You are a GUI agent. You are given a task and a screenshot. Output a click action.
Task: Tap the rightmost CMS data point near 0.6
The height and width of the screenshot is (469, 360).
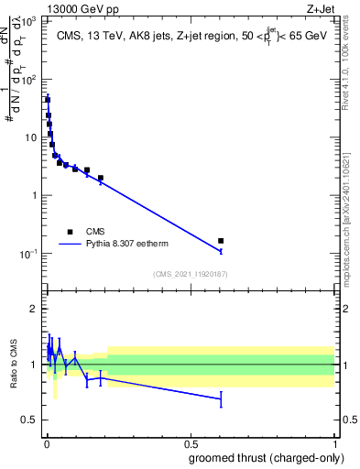(221, 241)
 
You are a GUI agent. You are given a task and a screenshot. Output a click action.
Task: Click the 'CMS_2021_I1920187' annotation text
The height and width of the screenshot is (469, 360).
(190, 274)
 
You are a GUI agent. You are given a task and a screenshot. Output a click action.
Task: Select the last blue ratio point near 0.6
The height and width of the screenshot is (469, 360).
(221, 398)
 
